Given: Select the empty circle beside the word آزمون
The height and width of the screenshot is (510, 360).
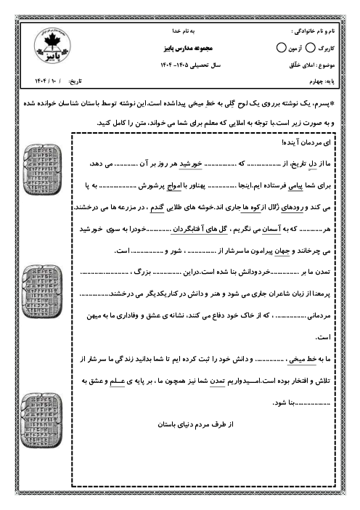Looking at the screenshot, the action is coord(282,48).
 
